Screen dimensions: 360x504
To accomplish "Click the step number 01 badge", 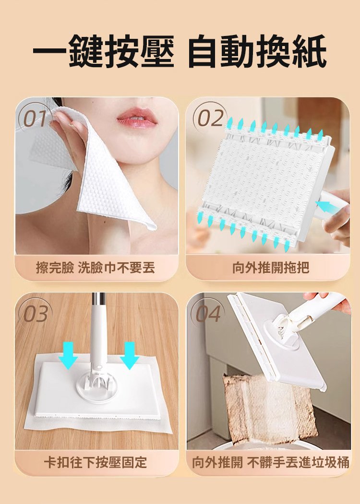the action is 36,118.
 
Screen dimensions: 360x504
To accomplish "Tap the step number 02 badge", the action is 210,117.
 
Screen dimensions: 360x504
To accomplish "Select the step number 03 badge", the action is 36,314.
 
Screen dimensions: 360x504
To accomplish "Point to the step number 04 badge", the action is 208,314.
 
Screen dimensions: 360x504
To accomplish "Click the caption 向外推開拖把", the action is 271,268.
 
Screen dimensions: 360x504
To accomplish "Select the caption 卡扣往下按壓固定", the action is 96,462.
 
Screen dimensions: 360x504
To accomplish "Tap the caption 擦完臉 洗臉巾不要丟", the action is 96,268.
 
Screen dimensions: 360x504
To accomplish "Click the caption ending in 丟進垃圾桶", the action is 271,462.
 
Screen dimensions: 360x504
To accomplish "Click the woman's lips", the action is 136,117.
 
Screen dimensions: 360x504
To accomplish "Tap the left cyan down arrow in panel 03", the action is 68,355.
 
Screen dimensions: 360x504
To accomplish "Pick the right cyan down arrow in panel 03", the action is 129,355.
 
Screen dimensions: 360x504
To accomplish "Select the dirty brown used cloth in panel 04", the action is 270,408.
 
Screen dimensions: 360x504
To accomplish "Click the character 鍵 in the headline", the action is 86,51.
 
